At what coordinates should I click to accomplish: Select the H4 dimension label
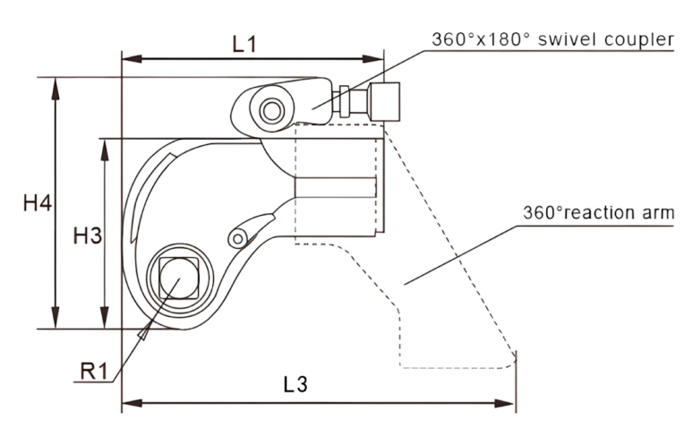(37, 205)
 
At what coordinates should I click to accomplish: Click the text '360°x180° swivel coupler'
(550, 39)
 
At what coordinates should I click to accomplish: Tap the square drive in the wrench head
(175, 274)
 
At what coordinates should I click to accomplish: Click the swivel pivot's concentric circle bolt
(271, 110)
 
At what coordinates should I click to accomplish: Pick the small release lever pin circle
(237, 238)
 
